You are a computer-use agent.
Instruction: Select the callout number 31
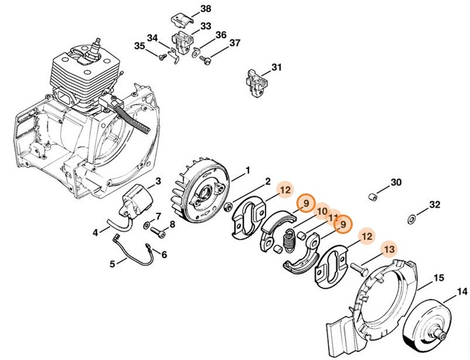coord(276,68)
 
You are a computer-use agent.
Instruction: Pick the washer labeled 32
coord(410,219)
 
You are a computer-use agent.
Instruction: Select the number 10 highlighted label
coord(322,211)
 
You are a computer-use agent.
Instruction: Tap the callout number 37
coord(234,43)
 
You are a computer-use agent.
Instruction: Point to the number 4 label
coord(95,232)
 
